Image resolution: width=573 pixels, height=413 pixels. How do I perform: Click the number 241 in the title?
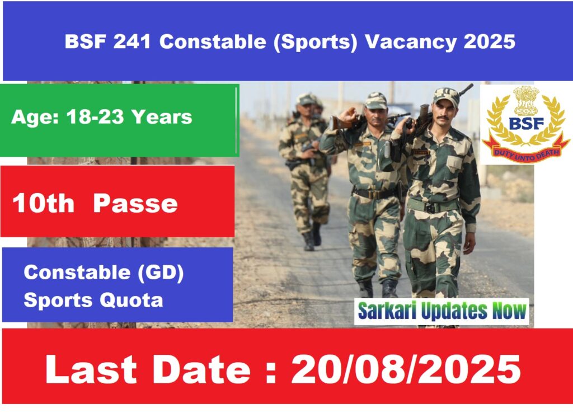(132, 41)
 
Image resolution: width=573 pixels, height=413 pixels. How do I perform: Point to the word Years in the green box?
(162, 117)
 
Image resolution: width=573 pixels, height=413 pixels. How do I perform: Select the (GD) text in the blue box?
(161, 273)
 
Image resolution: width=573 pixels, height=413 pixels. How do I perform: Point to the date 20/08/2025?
(406, 369)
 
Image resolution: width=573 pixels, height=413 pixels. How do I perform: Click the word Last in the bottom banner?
(91, 369)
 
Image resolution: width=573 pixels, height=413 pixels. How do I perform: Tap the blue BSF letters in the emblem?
(526, 124)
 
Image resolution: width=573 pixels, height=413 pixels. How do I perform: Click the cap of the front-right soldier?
(445, 96)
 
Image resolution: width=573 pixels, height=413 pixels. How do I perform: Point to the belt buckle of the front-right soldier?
(431, 207)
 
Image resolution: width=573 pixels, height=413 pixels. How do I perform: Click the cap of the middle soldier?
(375, 101)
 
